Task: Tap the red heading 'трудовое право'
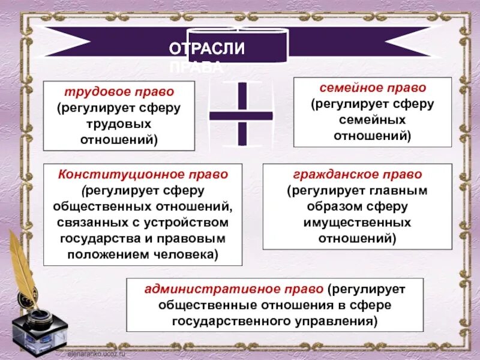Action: pyautogui.click(x=119, y=92)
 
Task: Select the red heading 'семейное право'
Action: pyautogui.click(x=372, y=88)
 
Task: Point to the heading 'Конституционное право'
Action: pyautogui.click(x=143, y=174)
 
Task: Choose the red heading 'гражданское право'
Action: pyautogui.click(x=357, y=175)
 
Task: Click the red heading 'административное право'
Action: pyautogui.click(x=234, y=289)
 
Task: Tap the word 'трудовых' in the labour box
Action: pyautogui.click(x=119, y=124)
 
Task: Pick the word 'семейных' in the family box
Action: pyautogui.click(x=372, y=120)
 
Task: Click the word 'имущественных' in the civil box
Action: pyautogui.click(x=358, y=222)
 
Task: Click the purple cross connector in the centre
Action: pyautogui.click(x=241, y=114)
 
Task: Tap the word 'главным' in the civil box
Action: pyautogui.click(x=398, y=191)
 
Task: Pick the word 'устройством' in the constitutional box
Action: pyautogui.click(x=195, y=222)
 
